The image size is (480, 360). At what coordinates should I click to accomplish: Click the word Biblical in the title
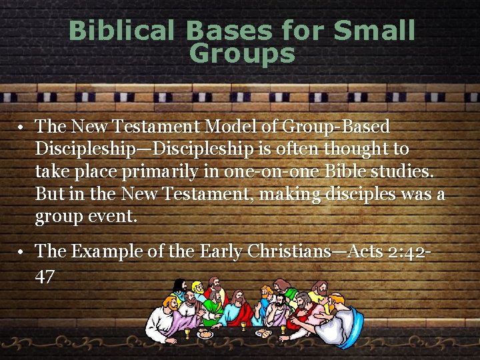(123, 31)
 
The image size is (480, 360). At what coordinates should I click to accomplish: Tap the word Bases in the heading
(227, 31)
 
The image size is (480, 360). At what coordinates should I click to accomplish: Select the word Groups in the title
(241, 53)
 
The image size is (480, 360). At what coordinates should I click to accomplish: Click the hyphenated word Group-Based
(336, 126)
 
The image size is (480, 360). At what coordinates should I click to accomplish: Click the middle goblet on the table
(244, 325)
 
